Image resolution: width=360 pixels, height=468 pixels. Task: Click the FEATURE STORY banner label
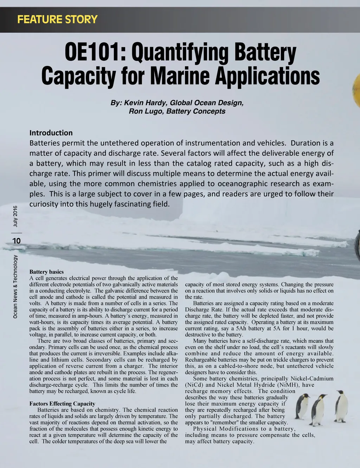(x=57, y=19)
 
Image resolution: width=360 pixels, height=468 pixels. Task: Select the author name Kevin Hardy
(x=144, y=103)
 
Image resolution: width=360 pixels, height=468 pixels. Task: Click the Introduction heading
(x=51, y=133)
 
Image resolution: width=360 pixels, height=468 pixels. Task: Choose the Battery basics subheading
(x=46, y=272)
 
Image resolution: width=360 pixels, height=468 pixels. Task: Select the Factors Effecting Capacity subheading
(x=62, y=404)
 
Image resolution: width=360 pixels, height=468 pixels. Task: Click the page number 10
(x=16, y=241)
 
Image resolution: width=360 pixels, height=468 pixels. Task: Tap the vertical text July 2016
(x=15, y=216)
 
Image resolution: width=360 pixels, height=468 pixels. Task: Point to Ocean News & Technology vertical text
(x=15, y=287)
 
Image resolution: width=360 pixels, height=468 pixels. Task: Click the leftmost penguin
(x=302, y=405)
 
